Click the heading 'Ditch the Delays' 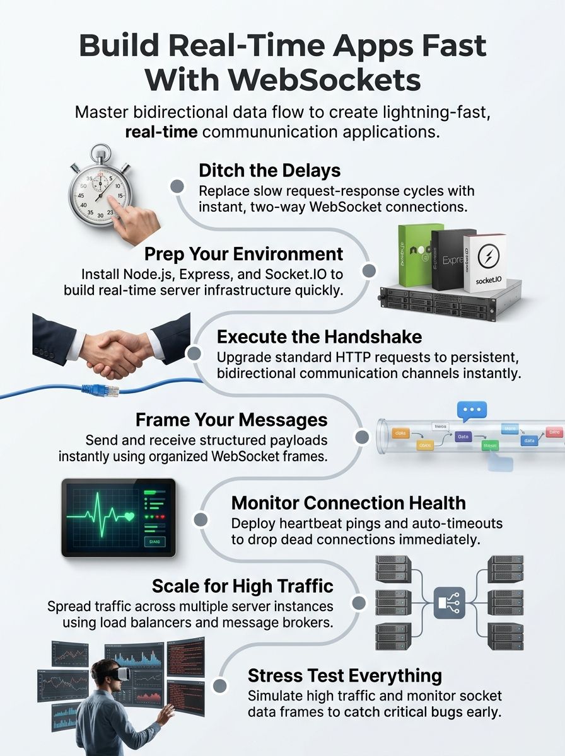point(269,170)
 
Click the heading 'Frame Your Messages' point(231,420)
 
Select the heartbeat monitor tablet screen point(118,517)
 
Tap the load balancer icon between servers point(449,602)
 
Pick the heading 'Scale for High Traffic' point(242,586)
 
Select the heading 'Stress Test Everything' point(344,675)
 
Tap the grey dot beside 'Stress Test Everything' point(220,685)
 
